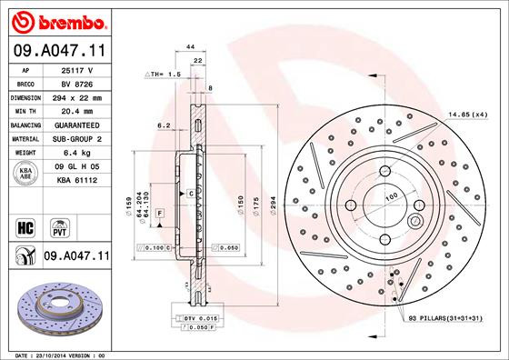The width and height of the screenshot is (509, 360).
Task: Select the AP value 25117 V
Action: [x=77, y=69]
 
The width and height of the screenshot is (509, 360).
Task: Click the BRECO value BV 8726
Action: [x=76, y=82]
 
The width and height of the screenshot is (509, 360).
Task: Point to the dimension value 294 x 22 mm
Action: [x=77, y=95]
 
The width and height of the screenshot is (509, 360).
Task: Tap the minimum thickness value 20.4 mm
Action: [x=77, y=109]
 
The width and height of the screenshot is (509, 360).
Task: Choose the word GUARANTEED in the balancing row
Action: [x=77, y=124]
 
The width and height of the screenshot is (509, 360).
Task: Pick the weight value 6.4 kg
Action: [x=77, y=152]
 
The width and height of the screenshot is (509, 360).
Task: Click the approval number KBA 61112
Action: [x=77, y=181]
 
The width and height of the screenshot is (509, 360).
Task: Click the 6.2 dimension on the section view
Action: [x=164, y=126]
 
